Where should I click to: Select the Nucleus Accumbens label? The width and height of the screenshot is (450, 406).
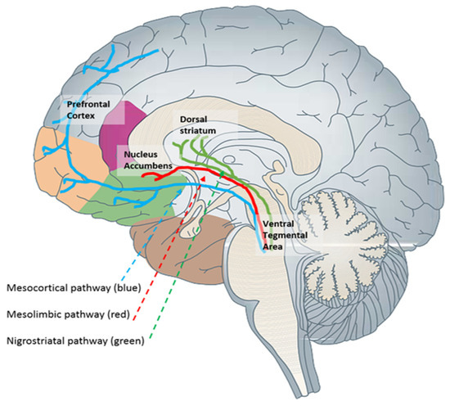point(148,159)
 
